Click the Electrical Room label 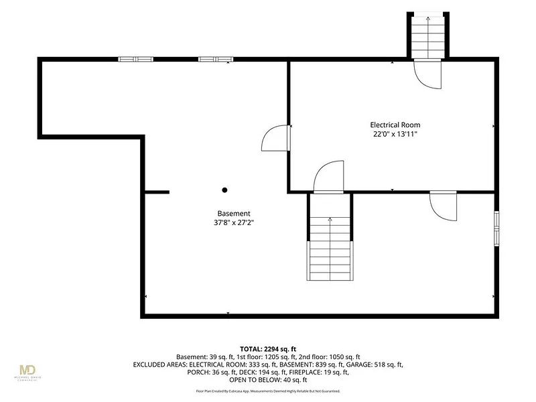[395, 125]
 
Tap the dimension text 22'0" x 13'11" [395, 134]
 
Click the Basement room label [234, 213]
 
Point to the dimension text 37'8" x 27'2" [234, 222]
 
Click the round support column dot [224, 190]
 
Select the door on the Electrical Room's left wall [276, 138]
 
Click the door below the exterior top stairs [427, 74]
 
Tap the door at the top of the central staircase [328, 177]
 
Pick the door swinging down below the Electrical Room [444, 206]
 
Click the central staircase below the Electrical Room [330, 249]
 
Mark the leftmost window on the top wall [136, 59]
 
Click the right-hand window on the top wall [216, 59]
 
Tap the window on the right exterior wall [496, 228]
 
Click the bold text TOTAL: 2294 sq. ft [268, 349]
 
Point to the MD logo [27, 371]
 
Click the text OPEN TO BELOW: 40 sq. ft [268, 380]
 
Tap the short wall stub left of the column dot [157, 192]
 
